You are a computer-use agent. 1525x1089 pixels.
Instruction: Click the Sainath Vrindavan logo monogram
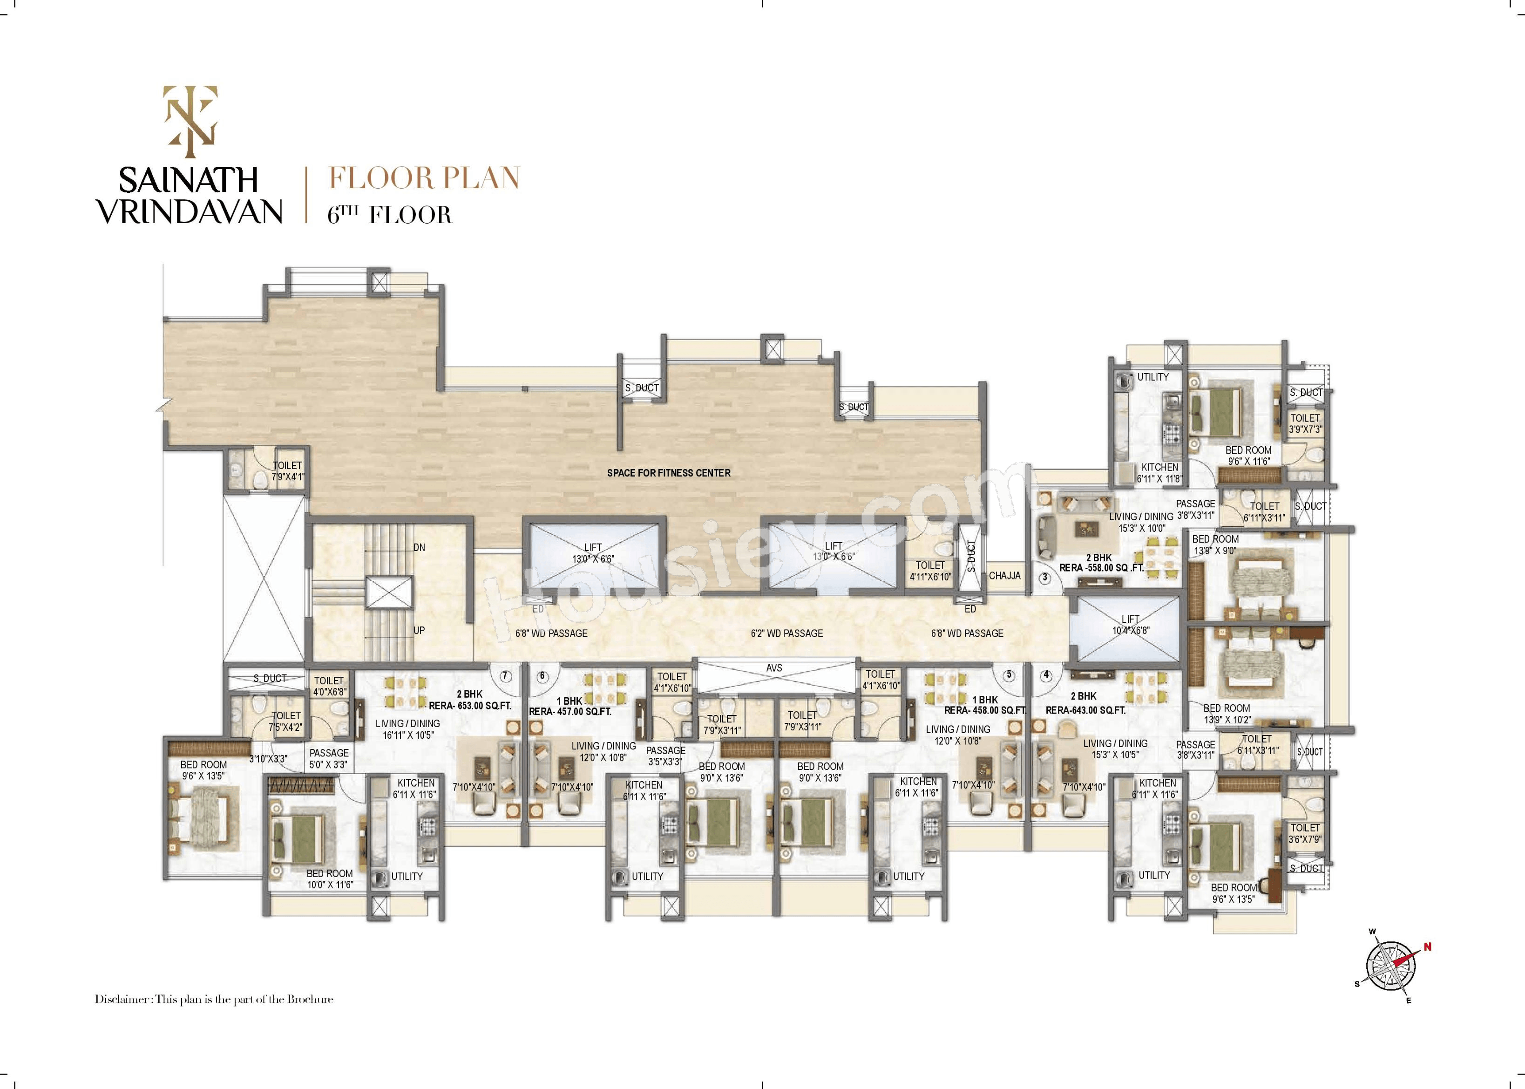pos(191,116)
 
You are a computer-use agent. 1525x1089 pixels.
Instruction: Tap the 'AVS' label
pos(774,668)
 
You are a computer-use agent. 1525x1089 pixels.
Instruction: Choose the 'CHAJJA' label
pos(1005,575)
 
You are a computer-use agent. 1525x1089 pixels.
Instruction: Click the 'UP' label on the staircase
pos(419,630)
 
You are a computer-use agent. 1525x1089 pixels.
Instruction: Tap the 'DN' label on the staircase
pos(419,547)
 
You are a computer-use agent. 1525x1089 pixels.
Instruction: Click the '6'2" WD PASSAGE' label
pos(786,633)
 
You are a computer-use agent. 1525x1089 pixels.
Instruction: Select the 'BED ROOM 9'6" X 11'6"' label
pos(1248,456)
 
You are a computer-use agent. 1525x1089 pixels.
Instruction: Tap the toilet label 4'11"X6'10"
pos(930,571)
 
